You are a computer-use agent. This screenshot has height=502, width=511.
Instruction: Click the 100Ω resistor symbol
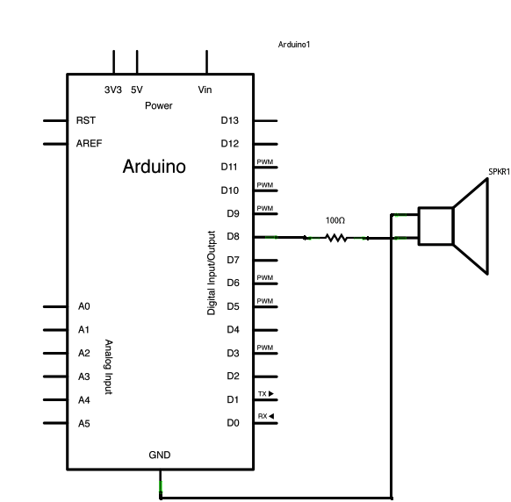(335, 238)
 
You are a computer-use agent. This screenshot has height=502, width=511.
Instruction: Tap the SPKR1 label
(499, 171)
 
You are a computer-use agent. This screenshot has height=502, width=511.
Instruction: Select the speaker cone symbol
(470, 226)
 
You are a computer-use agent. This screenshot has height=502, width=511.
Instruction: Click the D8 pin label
(233, 237)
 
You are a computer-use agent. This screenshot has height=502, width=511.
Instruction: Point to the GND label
(160, 455)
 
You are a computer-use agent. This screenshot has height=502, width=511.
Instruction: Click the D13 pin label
(230, 120)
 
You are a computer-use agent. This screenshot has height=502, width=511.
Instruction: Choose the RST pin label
(86, 120)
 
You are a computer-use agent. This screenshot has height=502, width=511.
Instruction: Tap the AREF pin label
(89, 143)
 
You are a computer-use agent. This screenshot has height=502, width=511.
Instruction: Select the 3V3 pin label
(113, 90)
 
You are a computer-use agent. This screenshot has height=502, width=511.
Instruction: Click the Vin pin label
(205, 90)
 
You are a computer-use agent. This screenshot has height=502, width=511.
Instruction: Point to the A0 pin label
(84, 306)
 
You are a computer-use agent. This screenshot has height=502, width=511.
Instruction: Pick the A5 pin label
(84, 423)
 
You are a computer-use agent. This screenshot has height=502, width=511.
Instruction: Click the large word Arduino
(155, 167)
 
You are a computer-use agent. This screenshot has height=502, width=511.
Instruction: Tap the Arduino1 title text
(295, 44)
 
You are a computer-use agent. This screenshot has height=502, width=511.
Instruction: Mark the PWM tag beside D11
(264, 162)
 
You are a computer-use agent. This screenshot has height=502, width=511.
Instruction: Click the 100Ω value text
(335, 220)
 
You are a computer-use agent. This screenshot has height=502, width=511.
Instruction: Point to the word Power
(159, 105)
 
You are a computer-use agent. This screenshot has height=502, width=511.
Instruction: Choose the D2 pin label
(233, 376)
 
